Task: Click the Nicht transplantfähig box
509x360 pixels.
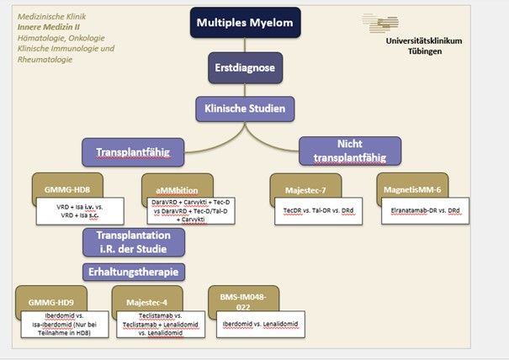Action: (349, 150)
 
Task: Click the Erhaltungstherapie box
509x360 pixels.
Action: (133, 272)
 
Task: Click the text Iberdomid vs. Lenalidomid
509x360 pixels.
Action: (260, 325)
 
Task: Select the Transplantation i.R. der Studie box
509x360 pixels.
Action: (133, 241)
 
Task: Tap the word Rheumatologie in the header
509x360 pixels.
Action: (46, 60)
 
